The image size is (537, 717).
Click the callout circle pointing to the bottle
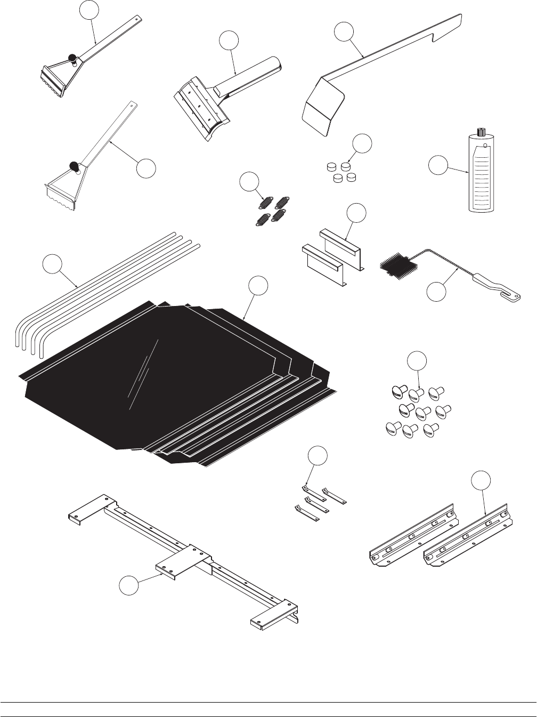pos(438,166)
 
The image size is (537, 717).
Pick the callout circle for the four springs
pos(248,182)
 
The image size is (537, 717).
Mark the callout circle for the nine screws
pos(417,361)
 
